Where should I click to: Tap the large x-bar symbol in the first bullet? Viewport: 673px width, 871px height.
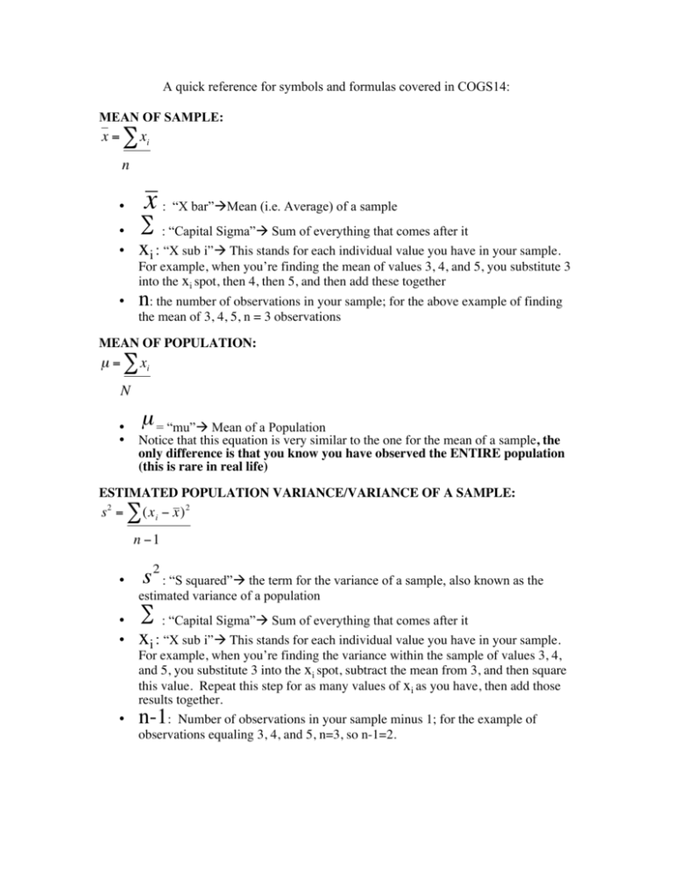(x=151, y=202)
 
